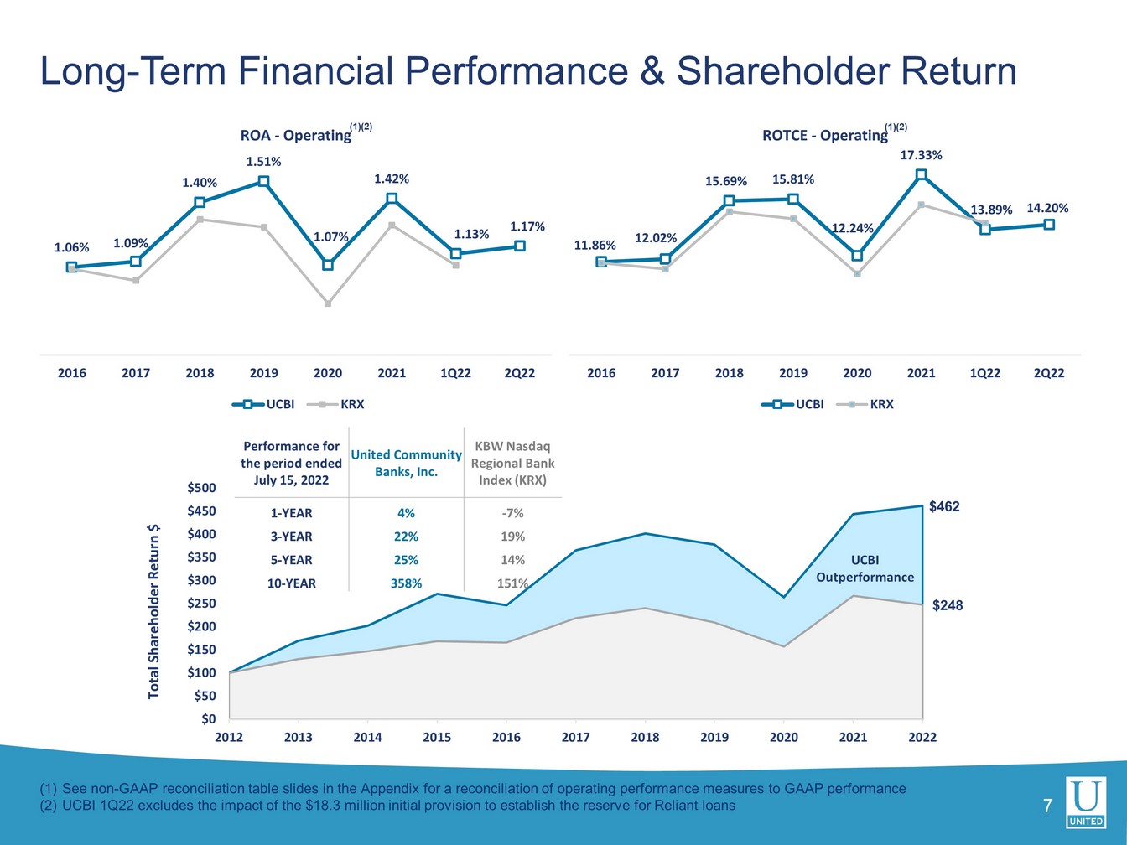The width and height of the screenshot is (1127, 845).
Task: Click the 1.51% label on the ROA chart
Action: [263, 162]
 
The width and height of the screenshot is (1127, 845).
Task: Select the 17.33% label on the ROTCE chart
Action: [921, 155]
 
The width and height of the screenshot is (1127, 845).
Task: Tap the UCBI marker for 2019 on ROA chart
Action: [264, 181]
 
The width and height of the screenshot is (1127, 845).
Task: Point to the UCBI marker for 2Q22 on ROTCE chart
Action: [1049, 225]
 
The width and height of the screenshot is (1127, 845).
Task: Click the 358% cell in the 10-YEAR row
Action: [406, 583]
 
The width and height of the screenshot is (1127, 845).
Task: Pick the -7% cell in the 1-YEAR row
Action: [512, 513]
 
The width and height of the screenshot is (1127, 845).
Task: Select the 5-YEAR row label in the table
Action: [289, 560]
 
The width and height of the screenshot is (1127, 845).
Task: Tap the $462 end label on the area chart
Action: [944, 507]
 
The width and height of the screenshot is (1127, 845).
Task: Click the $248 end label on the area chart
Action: [948, 605]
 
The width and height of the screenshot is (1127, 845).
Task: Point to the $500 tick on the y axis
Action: [200, 488]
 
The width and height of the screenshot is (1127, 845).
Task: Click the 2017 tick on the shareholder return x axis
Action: [575, 738]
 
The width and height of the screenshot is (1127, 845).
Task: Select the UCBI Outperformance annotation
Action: [865, 568]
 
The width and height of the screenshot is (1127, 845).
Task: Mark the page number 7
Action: [1046, 807]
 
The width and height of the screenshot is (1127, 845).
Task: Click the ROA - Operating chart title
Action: [296, 135]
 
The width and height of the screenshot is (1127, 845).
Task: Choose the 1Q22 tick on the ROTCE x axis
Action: [984, 373]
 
